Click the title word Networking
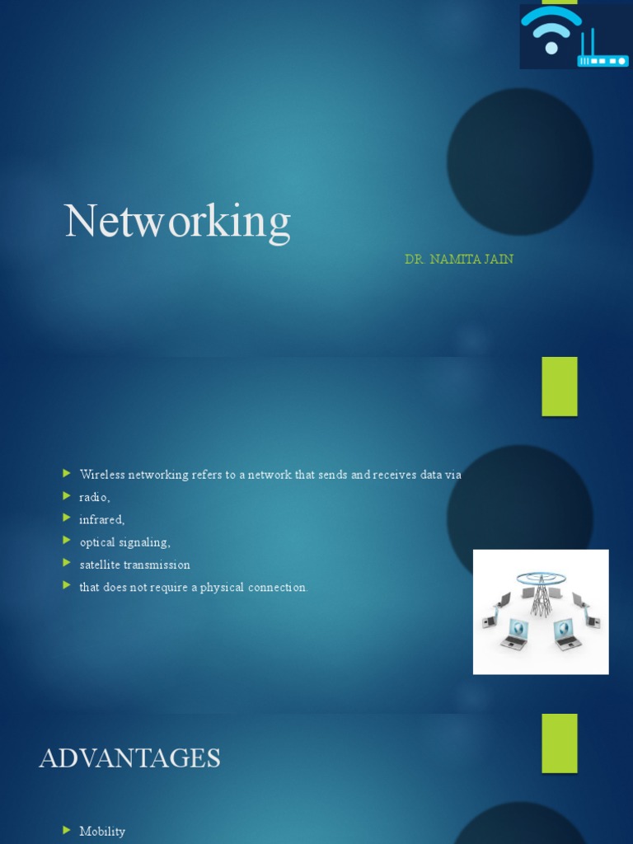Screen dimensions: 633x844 point(177,223)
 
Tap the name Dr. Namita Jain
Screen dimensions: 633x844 point(458,260)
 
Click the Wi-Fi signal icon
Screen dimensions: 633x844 point(551,31)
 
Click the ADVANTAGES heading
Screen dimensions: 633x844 point(129,758)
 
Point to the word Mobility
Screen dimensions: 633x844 point(102,831)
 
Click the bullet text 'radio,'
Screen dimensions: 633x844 point(94,497)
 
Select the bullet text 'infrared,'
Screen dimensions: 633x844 point(101,519)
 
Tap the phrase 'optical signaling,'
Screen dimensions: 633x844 point(124,542)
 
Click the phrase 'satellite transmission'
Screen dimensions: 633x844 point(134,565)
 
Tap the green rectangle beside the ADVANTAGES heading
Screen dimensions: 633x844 point(559,743)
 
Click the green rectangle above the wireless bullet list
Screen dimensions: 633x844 point(559,386)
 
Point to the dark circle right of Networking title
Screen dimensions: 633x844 point(519,162)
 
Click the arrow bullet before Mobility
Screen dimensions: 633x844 point(67,830)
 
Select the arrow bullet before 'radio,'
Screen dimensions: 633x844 point(67,496)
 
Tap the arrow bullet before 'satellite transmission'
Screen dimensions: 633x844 point(67,564)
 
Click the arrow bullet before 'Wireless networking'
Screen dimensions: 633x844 point(67,474)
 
